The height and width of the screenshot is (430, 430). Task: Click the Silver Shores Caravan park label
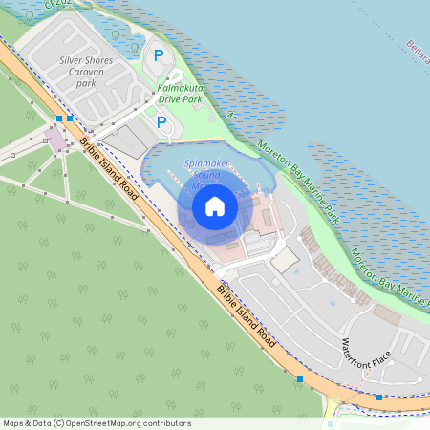coord(86,72)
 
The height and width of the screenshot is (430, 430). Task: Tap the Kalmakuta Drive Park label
coord(180,94)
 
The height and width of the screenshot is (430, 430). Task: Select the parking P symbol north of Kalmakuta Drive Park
coord(159,57)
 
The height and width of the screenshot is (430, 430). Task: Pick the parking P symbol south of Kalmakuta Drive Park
coord(161,122)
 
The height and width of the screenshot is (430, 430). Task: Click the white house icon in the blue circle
coord(214,205)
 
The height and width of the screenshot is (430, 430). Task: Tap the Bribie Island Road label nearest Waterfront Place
coord(247,316)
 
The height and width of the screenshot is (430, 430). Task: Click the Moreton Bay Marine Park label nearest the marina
coord(298,179)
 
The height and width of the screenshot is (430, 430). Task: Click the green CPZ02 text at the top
coord(57,5)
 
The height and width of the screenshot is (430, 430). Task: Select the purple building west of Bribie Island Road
coord(57,140)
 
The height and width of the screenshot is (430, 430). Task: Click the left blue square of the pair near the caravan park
coord(59,118)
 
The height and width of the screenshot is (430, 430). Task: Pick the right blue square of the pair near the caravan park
coord(70,118)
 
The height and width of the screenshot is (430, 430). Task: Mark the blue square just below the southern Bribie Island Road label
coord(300,380)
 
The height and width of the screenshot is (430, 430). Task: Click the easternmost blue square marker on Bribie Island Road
coord(379,397)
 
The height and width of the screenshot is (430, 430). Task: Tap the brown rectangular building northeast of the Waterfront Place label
coord(387,313)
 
